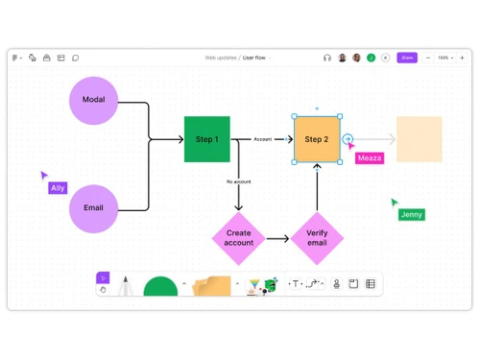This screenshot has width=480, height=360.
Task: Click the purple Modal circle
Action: (x=94, y=100)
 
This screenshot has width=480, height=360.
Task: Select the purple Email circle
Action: (x=94, y=207)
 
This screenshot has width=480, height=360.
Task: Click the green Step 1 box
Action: (x=207, y=139)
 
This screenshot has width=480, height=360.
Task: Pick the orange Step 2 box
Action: (x=317, y=139)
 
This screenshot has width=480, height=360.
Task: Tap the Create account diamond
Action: (x=239, y=238)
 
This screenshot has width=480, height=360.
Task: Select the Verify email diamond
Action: (x=317, y=238)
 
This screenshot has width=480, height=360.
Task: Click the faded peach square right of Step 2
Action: (x=419, y=139)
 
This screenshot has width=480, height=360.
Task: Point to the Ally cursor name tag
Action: (x=59, y=188)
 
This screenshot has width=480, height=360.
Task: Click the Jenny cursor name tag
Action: (x=412, y=214)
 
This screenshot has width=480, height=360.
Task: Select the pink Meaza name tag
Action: (x=369, y=158)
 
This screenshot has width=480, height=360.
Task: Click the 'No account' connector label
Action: (x=239, y=181)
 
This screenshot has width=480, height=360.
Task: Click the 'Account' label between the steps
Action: (x=262, y=139)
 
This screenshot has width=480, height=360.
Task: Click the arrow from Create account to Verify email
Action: (x=277, y=238)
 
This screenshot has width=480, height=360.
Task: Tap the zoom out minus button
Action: (x=428, y=58)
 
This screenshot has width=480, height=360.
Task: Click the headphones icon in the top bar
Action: (x=327, y=58)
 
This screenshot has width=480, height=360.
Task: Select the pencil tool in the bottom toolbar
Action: (x=125, y=286)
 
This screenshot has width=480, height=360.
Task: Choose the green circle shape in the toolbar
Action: (x=160, y=287)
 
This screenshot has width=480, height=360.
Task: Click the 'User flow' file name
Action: (x=254, y=58)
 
